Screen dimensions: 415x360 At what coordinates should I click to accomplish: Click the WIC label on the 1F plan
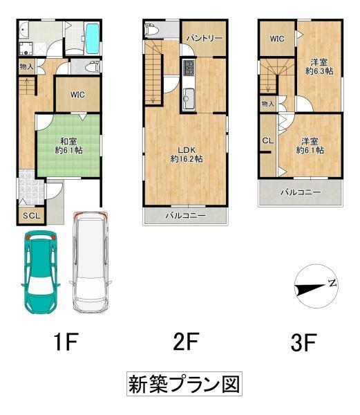(x=77, y=95)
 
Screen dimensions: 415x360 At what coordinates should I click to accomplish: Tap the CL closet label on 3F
(x=267, y=140)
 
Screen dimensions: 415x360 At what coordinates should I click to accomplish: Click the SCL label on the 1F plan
(x=31, y=216)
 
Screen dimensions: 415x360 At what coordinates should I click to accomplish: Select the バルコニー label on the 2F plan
(x=184, y=216)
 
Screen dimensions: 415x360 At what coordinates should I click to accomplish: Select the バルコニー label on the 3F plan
(x=300, y=192)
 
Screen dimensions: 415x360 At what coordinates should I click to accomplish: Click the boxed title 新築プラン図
(x=184, y=385)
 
